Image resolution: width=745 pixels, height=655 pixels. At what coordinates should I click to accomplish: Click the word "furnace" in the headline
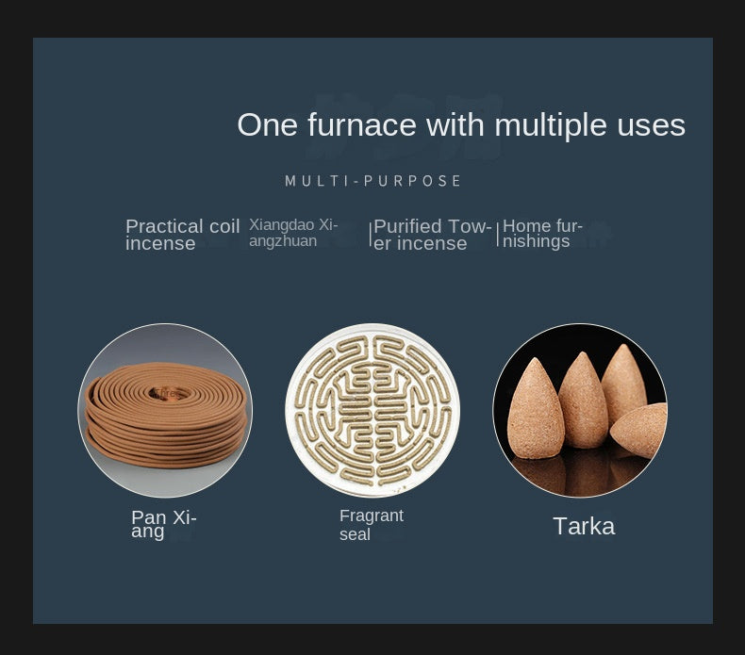pyautogui.click(x=361, y=124)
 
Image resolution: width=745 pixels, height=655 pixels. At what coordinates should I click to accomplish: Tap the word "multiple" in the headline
pyautogui.click(x=551, y=125)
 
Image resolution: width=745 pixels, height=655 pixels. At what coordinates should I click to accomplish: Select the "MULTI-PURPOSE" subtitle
pyautogui.click(x=373, y=181)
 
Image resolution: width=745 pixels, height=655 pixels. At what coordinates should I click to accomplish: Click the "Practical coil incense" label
pyautogui.click(x=182, y=235)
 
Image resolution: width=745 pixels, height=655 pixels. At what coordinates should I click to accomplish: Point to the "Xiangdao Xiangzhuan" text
pyautogui.click(x=293, y=233)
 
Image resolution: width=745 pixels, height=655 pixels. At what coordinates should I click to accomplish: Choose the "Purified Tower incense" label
pyautogui.click(x=432, y=235)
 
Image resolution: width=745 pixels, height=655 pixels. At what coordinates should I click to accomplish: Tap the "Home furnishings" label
pyautogui.click(x=542, y=233)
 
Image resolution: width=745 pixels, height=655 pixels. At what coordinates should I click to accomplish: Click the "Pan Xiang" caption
pyautogui.click(x=164, y=524)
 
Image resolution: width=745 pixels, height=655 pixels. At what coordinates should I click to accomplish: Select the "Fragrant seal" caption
pyautogui.click(x=371, y=525)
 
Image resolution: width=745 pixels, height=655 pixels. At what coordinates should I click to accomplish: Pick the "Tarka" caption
pyautogui.click(x=584, y=526)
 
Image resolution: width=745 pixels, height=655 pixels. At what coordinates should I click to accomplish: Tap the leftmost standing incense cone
pyautogui.click(x=536, y=409)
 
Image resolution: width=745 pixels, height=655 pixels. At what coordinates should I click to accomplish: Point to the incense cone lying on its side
pyautogui.click(x=639, y=430)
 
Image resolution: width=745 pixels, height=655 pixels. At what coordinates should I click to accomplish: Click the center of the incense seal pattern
pyautogui.click(x=372, y=410)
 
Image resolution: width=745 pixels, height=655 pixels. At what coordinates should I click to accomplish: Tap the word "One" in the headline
pyautogui.click(x=267, y=125)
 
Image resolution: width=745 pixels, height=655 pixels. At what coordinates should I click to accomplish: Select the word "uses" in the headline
pyautogui.click(x=651, y=127)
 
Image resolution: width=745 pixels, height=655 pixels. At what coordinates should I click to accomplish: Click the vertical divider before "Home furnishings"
pyautogui.click(x=498, y=234)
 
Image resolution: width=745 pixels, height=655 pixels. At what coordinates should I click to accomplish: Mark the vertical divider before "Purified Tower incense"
pyautogui.click(x=370, y=234)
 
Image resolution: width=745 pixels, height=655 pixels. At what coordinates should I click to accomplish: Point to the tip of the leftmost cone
pyautogui.click(x=536, y=359)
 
